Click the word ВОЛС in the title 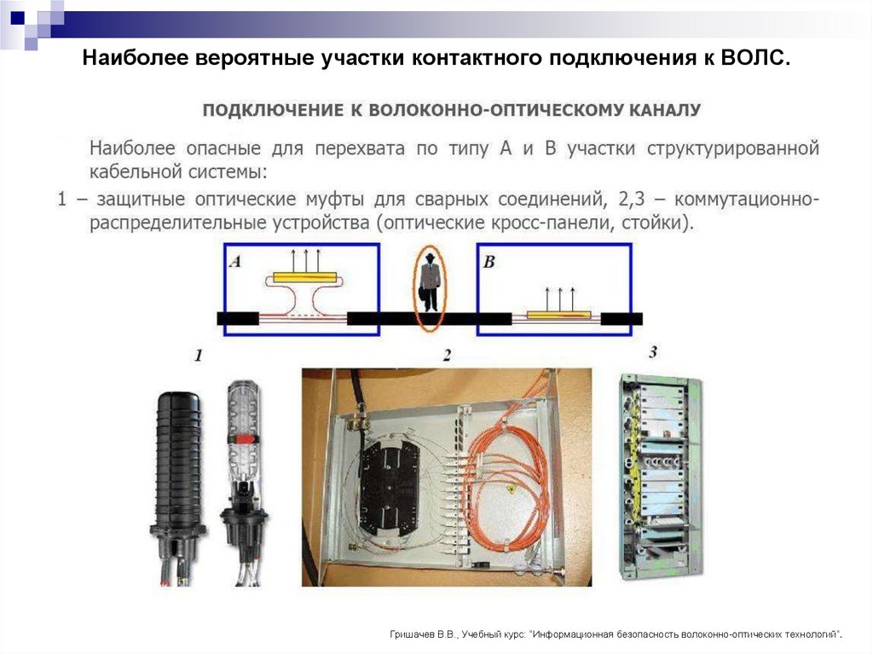pos(756,60)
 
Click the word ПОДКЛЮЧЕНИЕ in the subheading pos(270,110)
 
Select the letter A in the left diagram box pos(235,263)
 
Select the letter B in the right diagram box pos(489,263)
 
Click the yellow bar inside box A pos(305,278)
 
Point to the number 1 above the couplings pos(198,356)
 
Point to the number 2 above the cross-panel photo pos(447,356)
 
